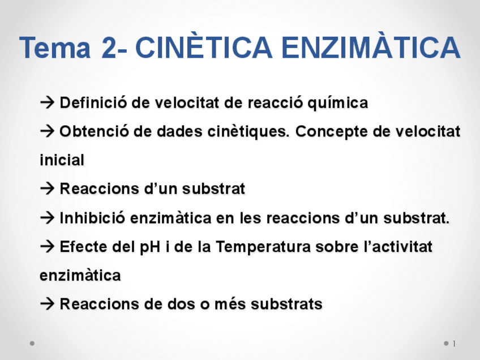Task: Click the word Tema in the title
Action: (55, 48)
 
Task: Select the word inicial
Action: (62, 160)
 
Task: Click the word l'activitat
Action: (393, 247)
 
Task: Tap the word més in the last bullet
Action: (230, 305)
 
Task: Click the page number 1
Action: (454, 344)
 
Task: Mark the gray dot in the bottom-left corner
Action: (32, 343)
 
